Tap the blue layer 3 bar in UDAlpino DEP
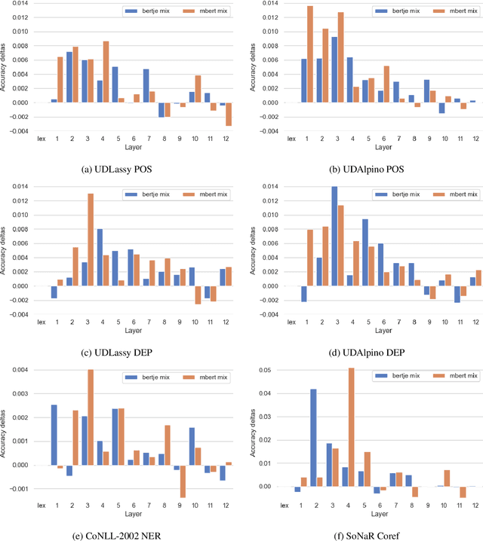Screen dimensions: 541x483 (x=334, y=237)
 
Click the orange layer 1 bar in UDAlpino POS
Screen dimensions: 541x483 (x=309, y=54)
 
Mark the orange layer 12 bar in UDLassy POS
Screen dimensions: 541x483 (x=229, y=114)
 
